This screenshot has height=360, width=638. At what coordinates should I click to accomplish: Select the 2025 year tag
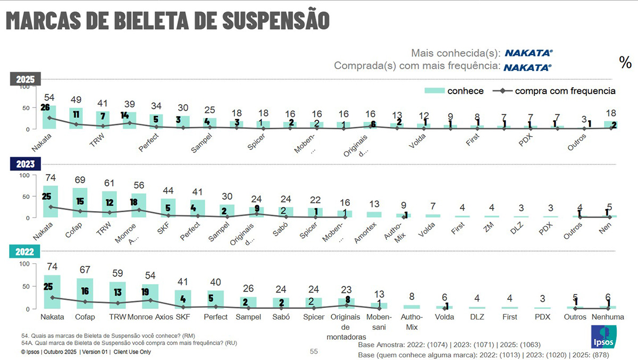coord(26,80)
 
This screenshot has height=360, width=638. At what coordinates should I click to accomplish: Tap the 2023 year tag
coord(26,164)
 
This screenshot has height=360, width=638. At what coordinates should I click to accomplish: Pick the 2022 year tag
coord(26,252)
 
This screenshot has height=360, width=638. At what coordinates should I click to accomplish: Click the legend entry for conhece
coord(454,91)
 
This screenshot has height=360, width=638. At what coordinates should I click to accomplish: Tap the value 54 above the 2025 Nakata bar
coord(50,98)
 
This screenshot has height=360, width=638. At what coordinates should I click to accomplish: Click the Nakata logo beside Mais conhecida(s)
coord(528,53)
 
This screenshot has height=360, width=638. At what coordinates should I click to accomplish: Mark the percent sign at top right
coord(625,62)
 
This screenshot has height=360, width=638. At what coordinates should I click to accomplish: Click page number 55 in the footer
coord(314,351)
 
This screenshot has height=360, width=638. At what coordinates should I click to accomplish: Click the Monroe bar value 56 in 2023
coord(139,185)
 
